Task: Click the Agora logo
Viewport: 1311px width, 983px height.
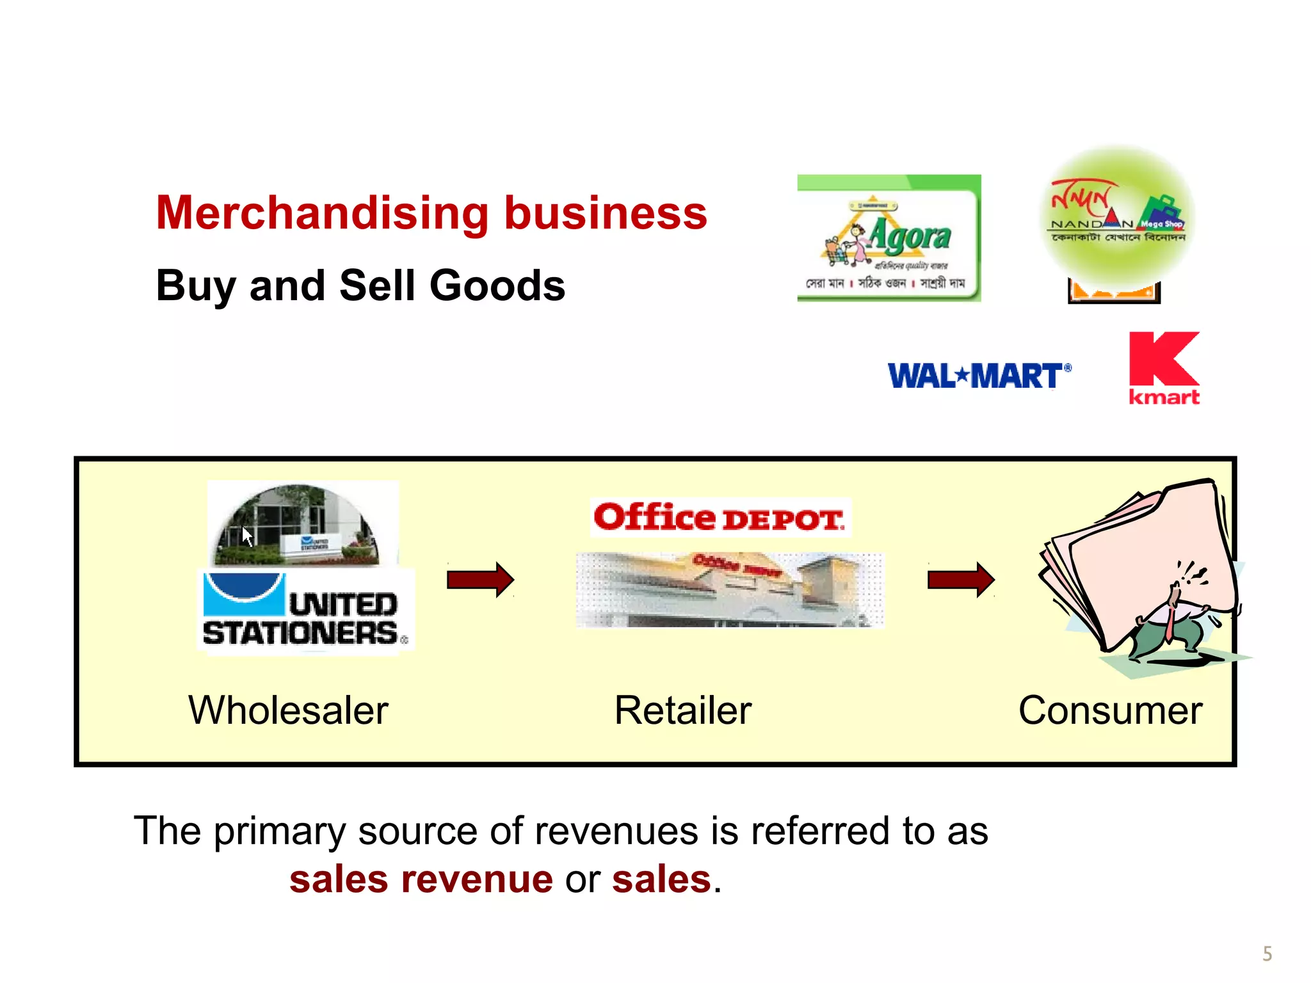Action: click(x=889, y=238)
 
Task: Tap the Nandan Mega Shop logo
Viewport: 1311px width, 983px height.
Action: click(x=1118, y=218)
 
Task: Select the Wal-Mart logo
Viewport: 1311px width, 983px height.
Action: click(x=979, y=376)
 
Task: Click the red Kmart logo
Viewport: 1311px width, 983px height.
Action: click(x=1163, y=368)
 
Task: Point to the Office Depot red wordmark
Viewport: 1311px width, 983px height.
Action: click(x=720, y=518)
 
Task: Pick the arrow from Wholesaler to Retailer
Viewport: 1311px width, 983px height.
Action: click(x=480, y=580)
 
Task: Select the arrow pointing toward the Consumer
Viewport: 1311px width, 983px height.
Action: click(x=961, y=580)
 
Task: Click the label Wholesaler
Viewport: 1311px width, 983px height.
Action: click(x=288, y=710)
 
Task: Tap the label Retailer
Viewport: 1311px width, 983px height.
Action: click(x=682, y=710)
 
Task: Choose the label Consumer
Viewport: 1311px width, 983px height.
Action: click(x=1110, y=710)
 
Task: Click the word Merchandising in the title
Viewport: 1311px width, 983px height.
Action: click(x=323, y=212)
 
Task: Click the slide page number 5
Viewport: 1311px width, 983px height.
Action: click(x=1267, y=954)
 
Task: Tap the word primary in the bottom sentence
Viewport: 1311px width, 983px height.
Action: click(x=279, y=831)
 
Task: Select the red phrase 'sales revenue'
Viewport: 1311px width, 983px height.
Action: click(x=421, y=879)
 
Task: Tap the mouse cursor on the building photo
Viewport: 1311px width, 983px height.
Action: click(x=247, y=536)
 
